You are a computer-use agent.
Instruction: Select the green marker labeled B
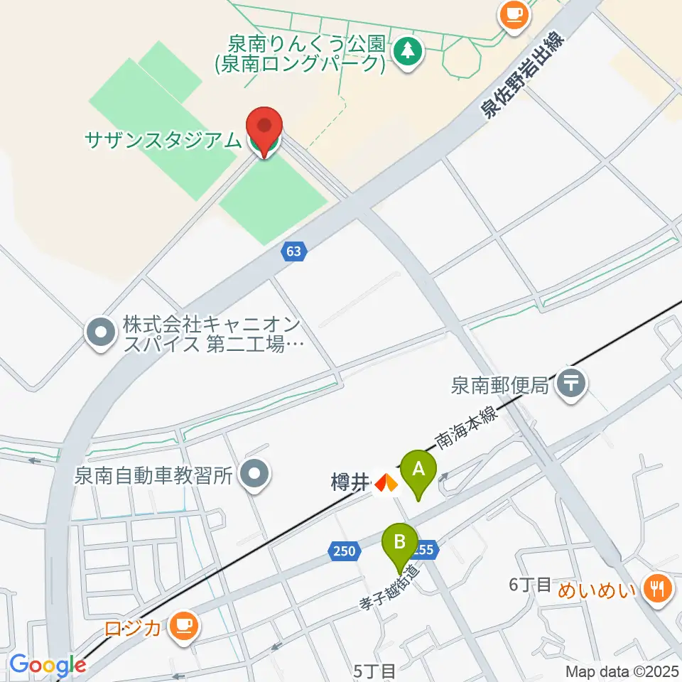pyautogui.click(x=400, y=543)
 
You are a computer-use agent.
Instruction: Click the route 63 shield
pyautogui.click(x=294, y=251)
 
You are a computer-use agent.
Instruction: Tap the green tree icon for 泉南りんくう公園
pyautogui.click(x=407, y=50)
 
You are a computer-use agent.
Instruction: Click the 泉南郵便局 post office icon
pyautogui.click(x=571, y=384)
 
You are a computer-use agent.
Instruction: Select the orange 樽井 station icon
pyautogui.click(x=386, y=484)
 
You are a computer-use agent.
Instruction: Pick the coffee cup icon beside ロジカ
pyautogui.click(x=185, y=626)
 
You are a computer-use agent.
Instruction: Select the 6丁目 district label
pyautogui.click(x=530, y=585)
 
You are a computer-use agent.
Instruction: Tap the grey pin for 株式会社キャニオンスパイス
pyautogui.click(x=101, y=333)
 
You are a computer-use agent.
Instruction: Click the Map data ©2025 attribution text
pyautogui.click(x=622, y=671)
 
